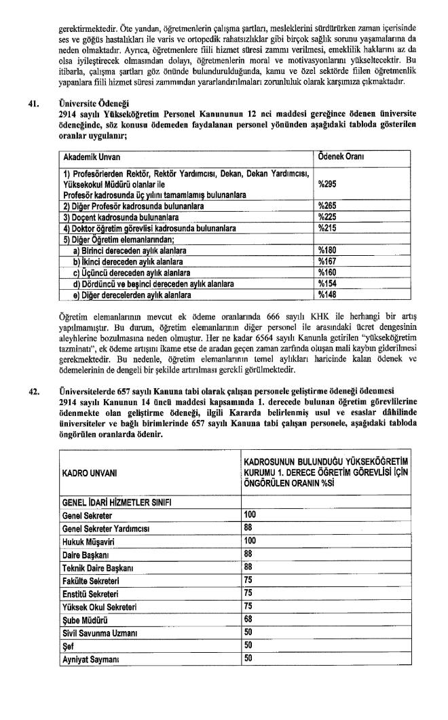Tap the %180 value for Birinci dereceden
327,250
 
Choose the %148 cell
327,295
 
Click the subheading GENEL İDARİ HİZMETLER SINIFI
117,502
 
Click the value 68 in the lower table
248,620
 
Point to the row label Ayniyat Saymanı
91,659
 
